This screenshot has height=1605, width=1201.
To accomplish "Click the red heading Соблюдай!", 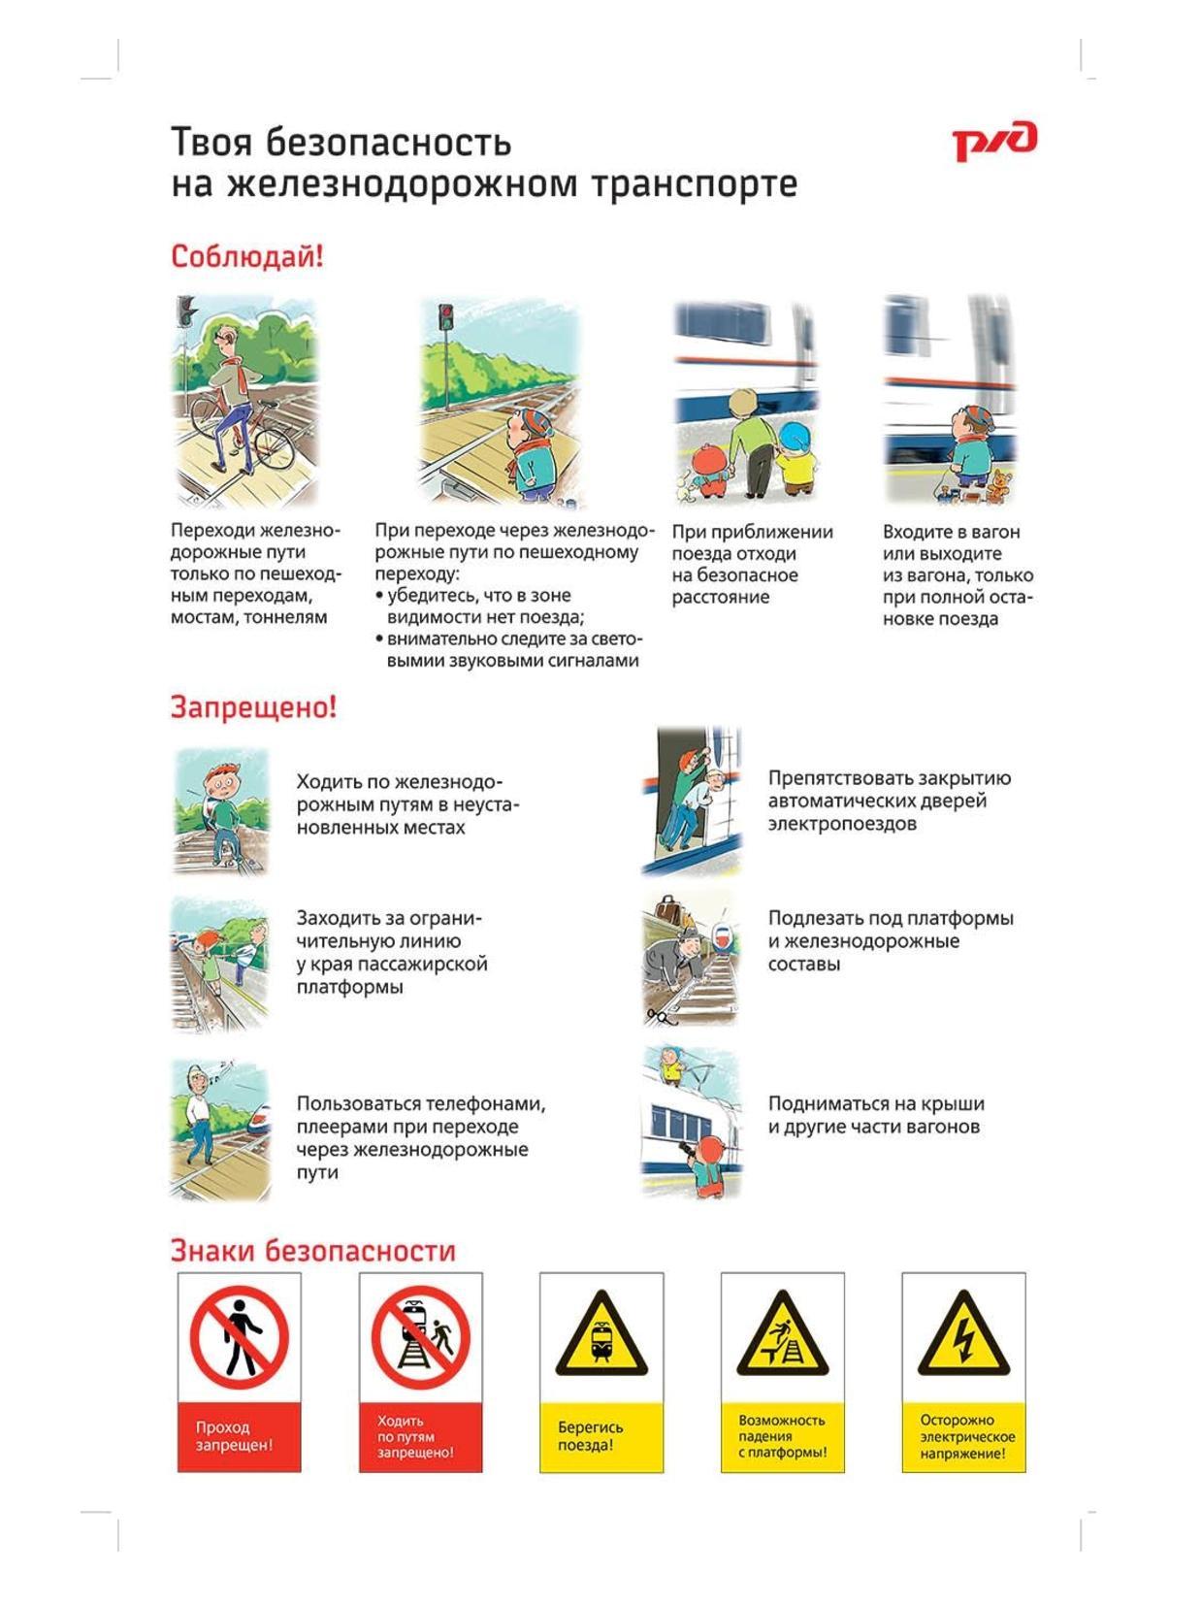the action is click(x=246, y=257).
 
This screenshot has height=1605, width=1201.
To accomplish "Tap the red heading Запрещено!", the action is click(x=253, y=707).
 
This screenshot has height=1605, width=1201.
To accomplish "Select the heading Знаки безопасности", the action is click(x=312, y=1251).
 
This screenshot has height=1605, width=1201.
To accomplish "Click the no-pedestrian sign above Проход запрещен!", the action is click(x=239, y=1339).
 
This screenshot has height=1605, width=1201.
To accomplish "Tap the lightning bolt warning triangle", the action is click(x=963, y=1336).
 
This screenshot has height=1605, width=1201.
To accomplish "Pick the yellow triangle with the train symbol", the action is click(x=601, y=1336).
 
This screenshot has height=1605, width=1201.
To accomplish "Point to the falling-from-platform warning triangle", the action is click(x=782, y=1336).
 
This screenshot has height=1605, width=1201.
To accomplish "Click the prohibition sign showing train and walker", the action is click(x=420, y=1339).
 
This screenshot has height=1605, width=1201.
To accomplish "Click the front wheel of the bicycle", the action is click(x=272, y=449).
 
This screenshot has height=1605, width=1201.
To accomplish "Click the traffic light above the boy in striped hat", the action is click(x=444, y=316).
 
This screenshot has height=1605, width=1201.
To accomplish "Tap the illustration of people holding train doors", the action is click(x=692, y=801).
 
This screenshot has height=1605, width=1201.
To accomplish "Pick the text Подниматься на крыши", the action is click(x=876, y=1103).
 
